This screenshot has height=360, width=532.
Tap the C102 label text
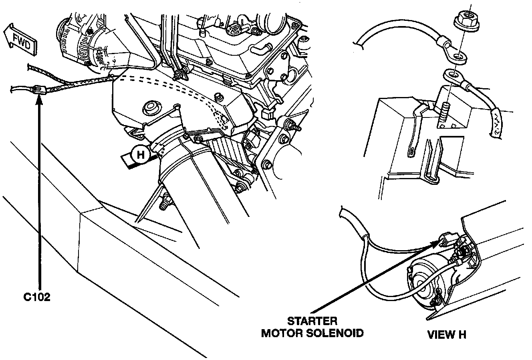tap(36, 297)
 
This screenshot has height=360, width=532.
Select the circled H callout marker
tap(141, 154)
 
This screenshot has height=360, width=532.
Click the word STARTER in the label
tap(312, 321)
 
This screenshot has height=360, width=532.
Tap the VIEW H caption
tap(446, 334)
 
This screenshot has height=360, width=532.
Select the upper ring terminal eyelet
tap(457, 56)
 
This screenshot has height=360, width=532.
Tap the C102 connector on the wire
tap(37, 90)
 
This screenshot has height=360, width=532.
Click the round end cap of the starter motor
tap(420, 280)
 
